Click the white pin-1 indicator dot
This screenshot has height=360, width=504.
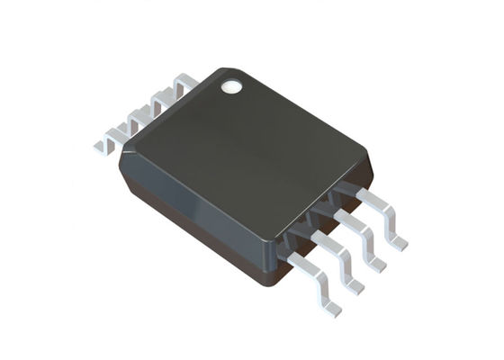[232, 86]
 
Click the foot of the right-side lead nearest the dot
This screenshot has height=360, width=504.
[397, 241]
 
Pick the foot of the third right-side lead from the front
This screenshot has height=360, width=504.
[377, 264]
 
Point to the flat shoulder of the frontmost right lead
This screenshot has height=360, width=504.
[291, 256]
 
